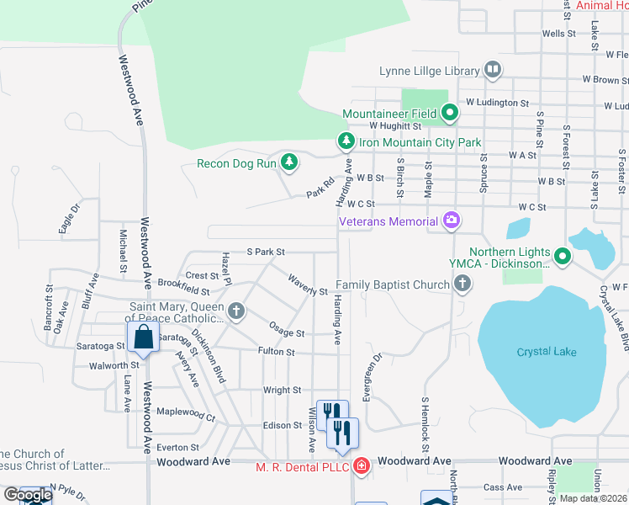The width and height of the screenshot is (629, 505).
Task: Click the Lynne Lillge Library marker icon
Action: point(493,71)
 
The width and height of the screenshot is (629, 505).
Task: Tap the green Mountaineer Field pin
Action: point(450,112)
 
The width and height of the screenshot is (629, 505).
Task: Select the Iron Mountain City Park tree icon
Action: point(344,141)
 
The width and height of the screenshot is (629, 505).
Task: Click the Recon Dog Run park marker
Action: point(289,162)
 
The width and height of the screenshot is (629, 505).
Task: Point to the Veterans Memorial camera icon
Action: point(452,221)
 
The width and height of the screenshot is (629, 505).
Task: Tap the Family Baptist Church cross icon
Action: point(462,284)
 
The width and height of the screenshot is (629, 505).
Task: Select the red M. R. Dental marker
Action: point(361,465)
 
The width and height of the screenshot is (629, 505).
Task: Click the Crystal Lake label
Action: point(547,352)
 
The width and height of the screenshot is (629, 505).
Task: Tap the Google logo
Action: point(28,496)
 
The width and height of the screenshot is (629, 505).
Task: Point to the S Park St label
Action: point(266,252)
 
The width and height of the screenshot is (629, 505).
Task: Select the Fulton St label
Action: point(277,352)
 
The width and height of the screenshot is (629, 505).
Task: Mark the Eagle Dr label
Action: point(68,218)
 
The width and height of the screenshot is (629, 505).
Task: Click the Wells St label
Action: point(558,34)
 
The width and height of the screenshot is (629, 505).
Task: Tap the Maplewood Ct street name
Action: point(186,413)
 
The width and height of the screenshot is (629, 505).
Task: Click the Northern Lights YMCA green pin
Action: point(562,257)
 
